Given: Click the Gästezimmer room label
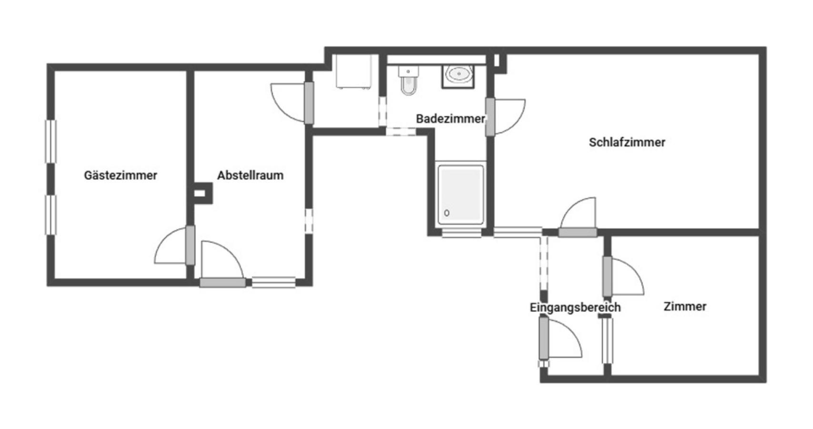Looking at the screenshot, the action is [x=121, y=176].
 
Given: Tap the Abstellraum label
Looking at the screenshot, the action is [x=250, y=175].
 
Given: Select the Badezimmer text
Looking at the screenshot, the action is [x=450, y=119].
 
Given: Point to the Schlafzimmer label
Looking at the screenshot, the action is [x=627, y=142].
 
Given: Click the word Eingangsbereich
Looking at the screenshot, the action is [x=575, y=307].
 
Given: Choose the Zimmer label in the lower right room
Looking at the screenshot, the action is [x=685, y=306].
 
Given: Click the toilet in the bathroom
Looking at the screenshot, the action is [x=409, y=80].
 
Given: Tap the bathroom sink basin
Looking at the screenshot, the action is [x=459, y=75].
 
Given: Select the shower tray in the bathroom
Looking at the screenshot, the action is [x=460, y=194].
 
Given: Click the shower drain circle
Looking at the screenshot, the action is [x=447, y=213].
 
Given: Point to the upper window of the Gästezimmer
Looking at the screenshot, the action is [x=51, y=141].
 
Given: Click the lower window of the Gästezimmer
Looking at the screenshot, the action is [x=51, y=215].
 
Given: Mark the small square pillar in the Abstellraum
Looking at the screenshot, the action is [x=202, y=193].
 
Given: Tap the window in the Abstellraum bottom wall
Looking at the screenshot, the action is [x=274, y=282].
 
